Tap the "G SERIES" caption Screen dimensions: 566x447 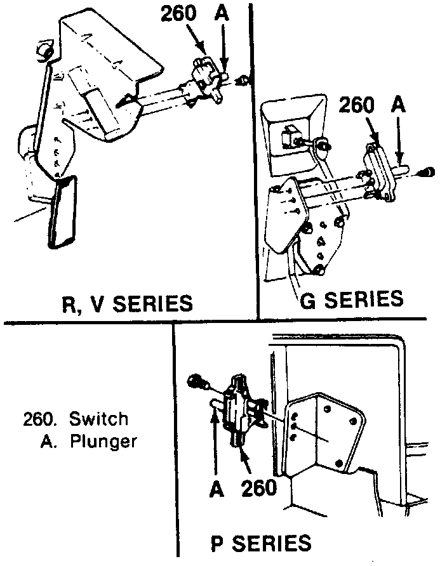(x=351, y=299)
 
